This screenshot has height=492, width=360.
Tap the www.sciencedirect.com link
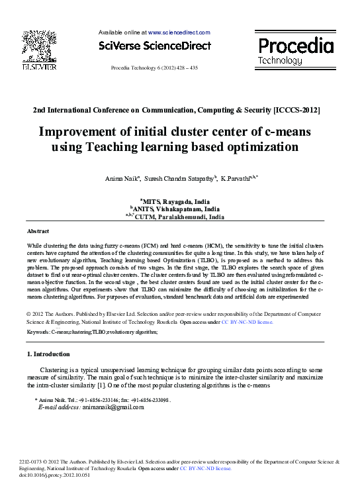click(179, 32)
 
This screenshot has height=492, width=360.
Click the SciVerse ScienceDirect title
click(154, 46)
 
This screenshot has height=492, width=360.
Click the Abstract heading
click(38, 231)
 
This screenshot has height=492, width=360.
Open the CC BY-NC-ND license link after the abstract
click(246, 322)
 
